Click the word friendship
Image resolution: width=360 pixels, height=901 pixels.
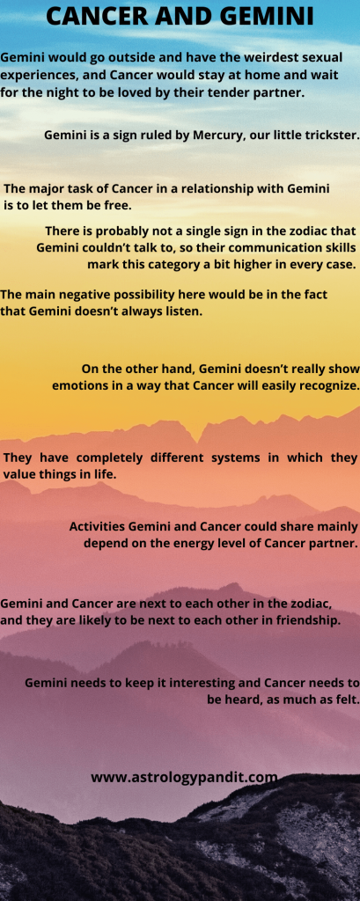click(x=309, y=621)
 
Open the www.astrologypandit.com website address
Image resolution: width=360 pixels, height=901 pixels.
click(x=184, y=778)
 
